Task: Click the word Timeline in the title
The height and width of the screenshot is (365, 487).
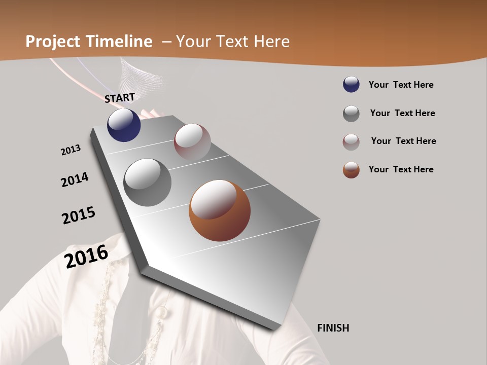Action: tap(120, 42)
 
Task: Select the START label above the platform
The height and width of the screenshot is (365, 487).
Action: tap(120, 98)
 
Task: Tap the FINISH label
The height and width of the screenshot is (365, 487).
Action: tap(333, 328)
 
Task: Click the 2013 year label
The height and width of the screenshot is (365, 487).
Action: tap(71, 150)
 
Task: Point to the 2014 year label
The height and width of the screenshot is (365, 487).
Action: tap(75, 179)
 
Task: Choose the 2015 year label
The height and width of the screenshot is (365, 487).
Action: tap(79, 215)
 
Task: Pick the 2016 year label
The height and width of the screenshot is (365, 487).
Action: tap(86, 256)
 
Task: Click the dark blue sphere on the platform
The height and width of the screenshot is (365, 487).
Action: tap(124, 125)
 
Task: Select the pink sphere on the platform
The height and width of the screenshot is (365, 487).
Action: tap(192, 142)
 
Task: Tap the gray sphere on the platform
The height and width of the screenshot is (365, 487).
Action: tap(148, 182)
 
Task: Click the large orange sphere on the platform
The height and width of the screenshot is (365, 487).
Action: tap(220, 210)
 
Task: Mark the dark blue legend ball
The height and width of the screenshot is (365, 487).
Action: tap(351, 85)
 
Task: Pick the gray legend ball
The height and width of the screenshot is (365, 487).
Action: tap(351, 114)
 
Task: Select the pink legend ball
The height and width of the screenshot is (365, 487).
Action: tap(351, 142)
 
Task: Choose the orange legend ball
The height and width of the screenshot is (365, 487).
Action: tap(351, 170)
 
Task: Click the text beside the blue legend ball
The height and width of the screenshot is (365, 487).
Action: tap(401, 85)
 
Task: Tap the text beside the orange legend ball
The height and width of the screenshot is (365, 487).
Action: tap(401, 169)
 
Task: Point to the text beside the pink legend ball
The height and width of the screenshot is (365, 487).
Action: tap(403, 141)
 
